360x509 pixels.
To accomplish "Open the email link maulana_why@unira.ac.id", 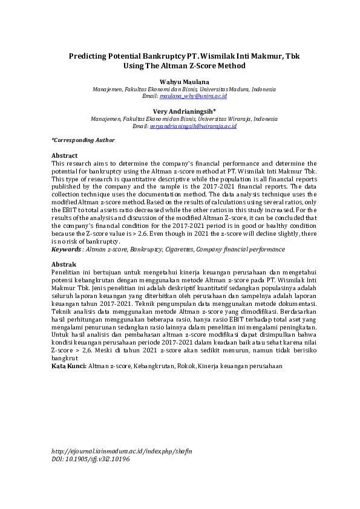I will (x=193, y=96).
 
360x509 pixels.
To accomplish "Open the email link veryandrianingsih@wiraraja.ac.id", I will (x=192, y=126).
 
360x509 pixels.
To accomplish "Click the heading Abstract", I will (x=64, y=155).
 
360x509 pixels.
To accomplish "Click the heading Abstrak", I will (x=64, y=265).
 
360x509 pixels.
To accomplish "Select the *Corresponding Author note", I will (x=82, y=140).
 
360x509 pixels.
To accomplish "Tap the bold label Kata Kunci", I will (x=69, y=366).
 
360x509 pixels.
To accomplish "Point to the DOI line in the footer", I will (x=90, y=459).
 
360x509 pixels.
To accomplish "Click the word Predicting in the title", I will (x=91, y=56).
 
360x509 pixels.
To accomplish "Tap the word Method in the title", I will (x=232, y=65).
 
